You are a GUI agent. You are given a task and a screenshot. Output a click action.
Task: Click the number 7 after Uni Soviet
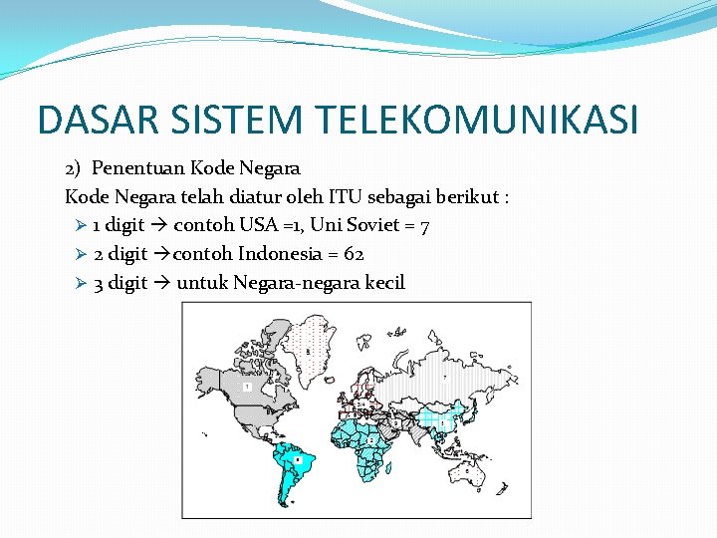(x=425, y=227)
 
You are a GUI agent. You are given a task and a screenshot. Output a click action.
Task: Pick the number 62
(x=354, y=254)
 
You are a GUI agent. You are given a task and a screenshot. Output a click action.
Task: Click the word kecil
(x=384, y=283)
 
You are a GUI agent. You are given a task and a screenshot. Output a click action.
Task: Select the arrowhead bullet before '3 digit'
(x=82, y=283)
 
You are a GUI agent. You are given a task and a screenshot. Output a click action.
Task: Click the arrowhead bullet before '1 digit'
(x=82, y=226)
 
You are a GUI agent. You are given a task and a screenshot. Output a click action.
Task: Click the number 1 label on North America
(x=246, y=386)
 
